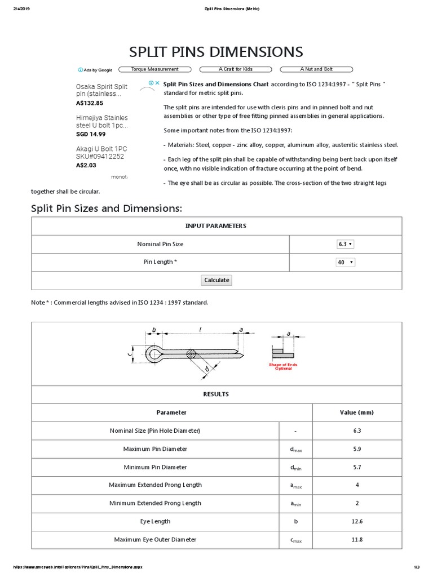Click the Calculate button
pos(216,280)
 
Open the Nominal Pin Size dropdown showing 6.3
pos(345,244)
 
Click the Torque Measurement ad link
pos(154,69)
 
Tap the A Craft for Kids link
pos(236,69)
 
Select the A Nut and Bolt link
pos(316,69)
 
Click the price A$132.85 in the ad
pos(90,103)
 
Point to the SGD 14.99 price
pos(91,134)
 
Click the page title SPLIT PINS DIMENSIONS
pos(216,52)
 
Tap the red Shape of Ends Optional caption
pos(283,366)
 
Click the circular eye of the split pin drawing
pos(153,354)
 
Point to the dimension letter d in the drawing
pos(207,369)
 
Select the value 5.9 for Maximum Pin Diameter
pos(356,449)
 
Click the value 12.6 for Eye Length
pos(356,521)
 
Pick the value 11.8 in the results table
pos(356,539)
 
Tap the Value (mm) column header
pos(356,412)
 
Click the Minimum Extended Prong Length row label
pos(155,503)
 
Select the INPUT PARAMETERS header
pos(216,225)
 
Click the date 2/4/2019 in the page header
pos(21,9)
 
